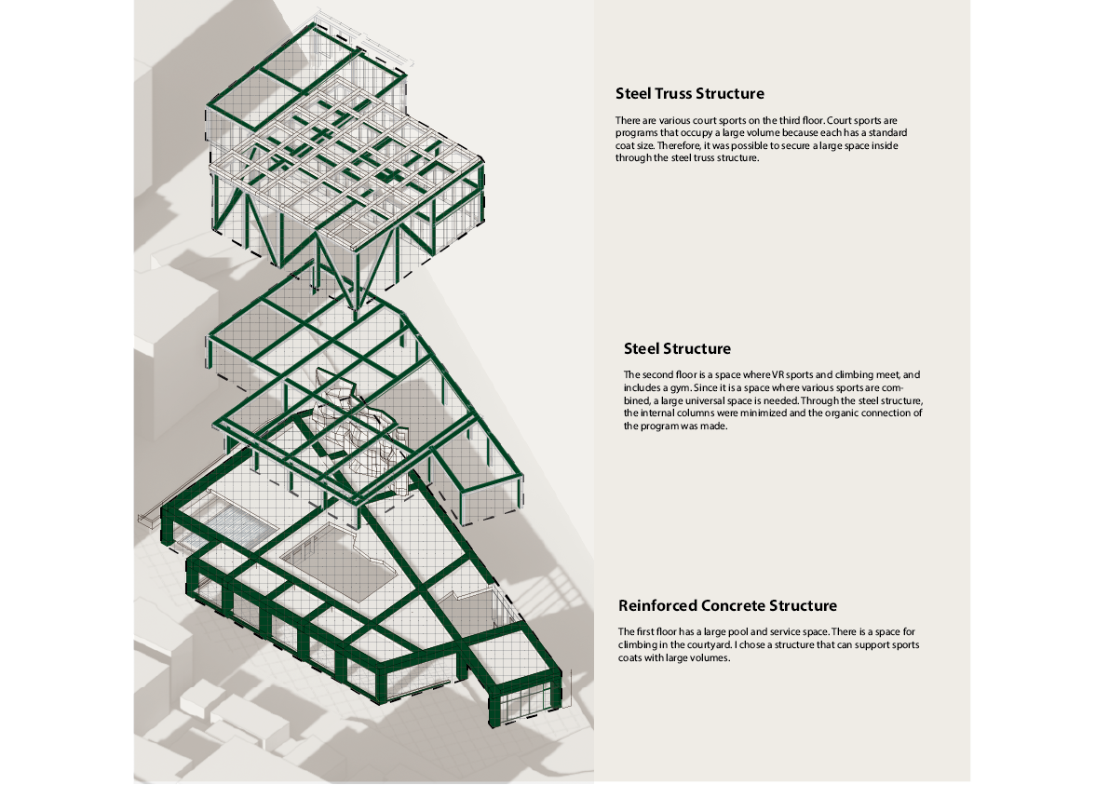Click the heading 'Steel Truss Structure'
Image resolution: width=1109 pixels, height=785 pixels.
pyautogui.click(x=690, y=93)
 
